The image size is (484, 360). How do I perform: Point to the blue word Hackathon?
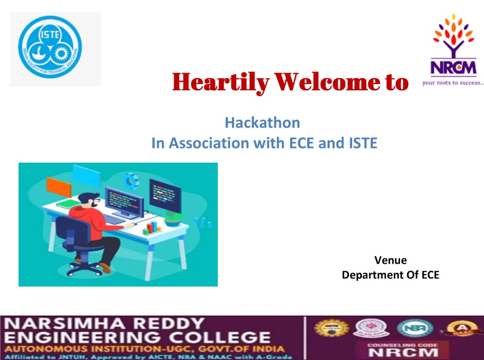(262, 122)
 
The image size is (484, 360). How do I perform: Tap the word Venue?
(390, 260)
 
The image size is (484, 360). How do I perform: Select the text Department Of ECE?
(390, 275)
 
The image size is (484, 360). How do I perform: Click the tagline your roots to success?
(452, 83)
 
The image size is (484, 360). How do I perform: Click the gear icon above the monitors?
(130, 181)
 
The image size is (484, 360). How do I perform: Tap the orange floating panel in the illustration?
(59, 187)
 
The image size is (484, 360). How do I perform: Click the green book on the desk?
(68, 204)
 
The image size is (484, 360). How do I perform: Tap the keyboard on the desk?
(115, 220)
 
